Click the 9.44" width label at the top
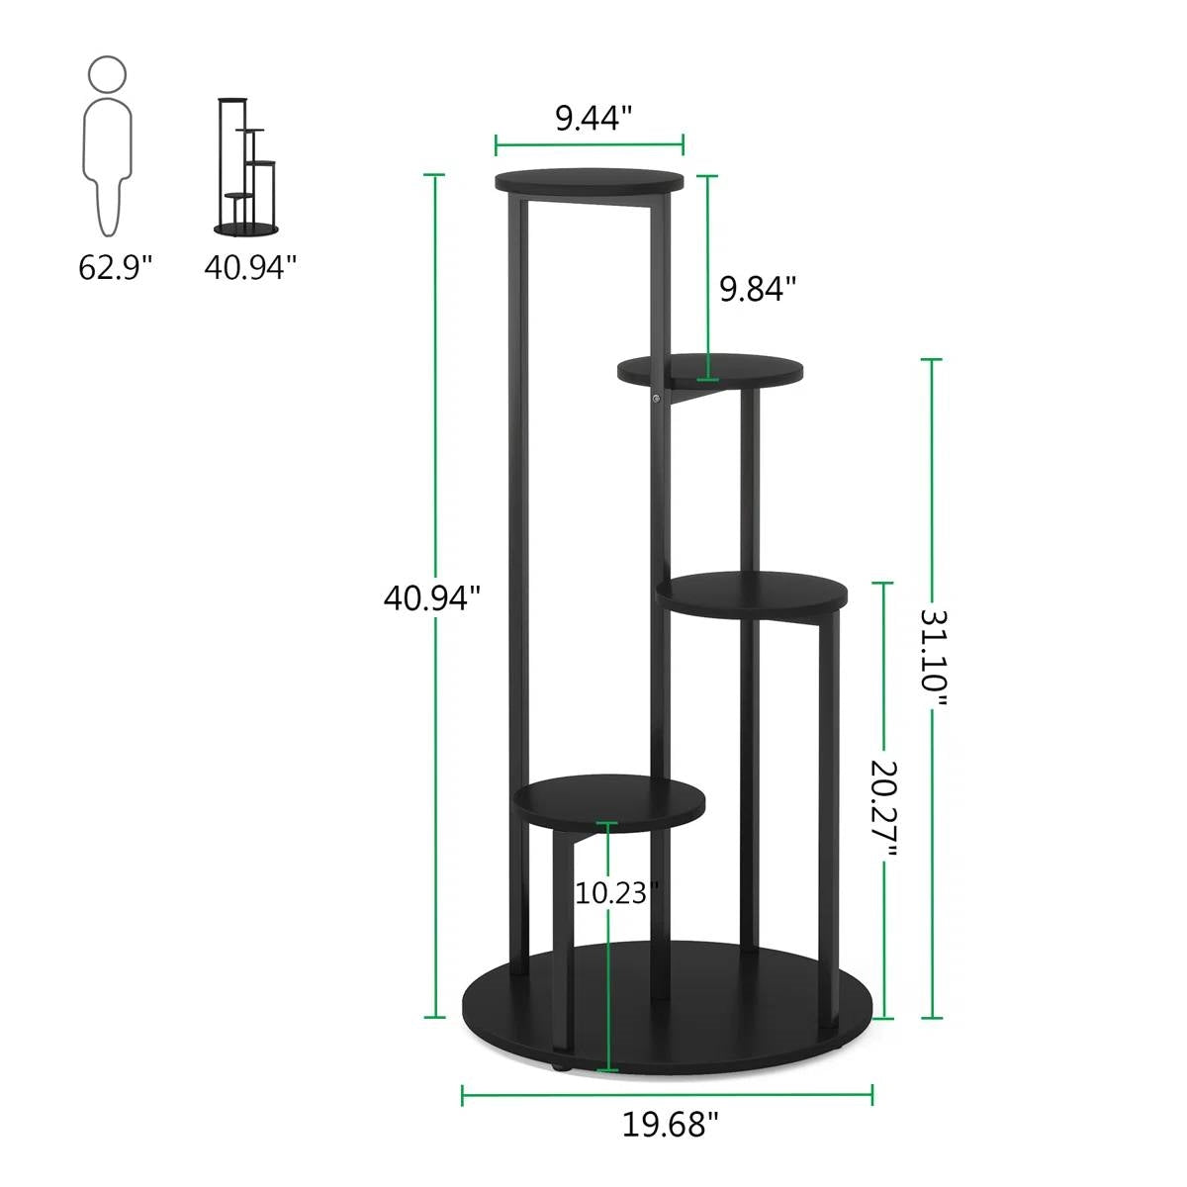(593, 119)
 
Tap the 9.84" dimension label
(758, 289)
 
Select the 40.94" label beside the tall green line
(432, 597)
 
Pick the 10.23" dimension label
(616, 893)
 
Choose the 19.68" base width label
(670, 1125)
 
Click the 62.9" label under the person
(116, 267)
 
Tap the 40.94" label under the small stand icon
(250, 267)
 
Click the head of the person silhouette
(107, 75)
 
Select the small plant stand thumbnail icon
(245, 166)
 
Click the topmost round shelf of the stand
(590, 183)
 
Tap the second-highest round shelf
(710, 370)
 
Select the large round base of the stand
(669, 1009)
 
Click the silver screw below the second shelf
(655, 400)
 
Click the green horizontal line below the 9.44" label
(590, 146)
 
